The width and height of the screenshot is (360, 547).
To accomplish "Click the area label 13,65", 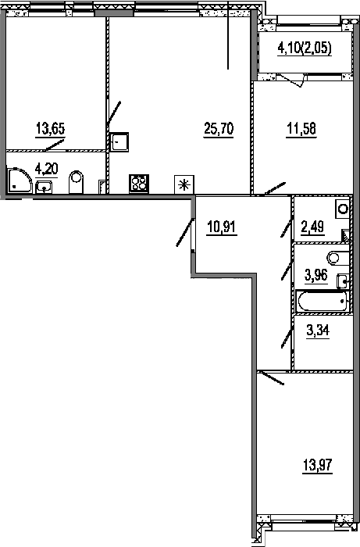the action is click(50, 129).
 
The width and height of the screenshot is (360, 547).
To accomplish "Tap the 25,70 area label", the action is click(219, 129).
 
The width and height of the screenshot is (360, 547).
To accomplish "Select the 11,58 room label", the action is click(301, 129).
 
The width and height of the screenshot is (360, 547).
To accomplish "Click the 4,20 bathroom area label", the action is click(46, 170).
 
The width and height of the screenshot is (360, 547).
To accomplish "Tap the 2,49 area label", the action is click(312, 227).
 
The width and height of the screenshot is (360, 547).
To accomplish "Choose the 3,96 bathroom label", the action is click(315, 275).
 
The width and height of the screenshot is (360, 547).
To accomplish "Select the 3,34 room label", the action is click(318, 330).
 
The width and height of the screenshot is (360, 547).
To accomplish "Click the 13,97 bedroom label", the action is click(318, 465).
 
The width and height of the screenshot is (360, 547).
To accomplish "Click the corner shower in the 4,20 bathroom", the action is click(18, 181).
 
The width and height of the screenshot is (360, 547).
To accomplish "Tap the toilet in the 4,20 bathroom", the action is click(77, 181).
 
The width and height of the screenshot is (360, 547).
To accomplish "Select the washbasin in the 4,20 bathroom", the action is click(44, 187).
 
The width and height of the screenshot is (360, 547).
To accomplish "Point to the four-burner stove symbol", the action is click(139, 184).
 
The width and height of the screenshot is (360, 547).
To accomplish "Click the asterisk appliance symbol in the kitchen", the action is click(184, 184).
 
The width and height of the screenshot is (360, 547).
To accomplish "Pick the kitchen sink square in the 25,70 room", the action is click(119, 142).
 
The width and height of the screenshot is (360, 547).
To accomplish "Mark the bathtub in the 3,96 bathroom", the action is click(322, 302).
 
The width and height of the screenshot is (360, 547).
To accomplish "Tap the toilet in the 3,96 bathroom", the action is click(337, 258).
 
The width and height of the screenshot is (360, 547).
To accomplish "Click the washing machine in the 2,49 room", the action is click(342, 209).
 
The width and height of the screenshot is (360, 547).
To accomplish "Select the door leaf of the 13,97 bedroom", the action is click(273, 378).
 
